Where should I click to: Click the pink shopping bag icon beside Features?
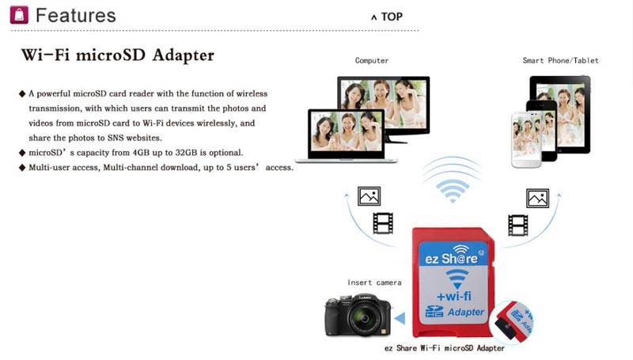19,14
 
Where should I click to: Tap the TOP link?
387,17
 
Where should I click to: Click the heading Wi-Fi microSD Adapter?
117,55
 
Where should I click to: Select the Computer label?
372,61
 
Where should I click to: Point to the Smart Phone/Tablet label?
560,61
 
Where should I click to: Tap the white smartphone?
526,139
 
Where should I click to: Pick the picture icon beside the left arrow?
369,196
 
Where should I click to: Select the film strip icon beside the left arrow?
383,224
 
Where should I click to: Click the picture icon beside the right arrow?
537,198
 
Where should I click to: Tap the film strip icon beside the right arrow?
518,225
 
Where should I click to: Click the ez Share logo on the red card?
452,256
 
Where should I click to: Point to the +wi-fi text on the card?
454,296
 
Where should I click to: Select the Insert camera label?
374,282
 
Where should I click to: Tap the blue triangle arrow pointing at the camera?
400,318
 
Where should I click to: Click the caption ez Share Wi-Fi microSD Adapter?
445,348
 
